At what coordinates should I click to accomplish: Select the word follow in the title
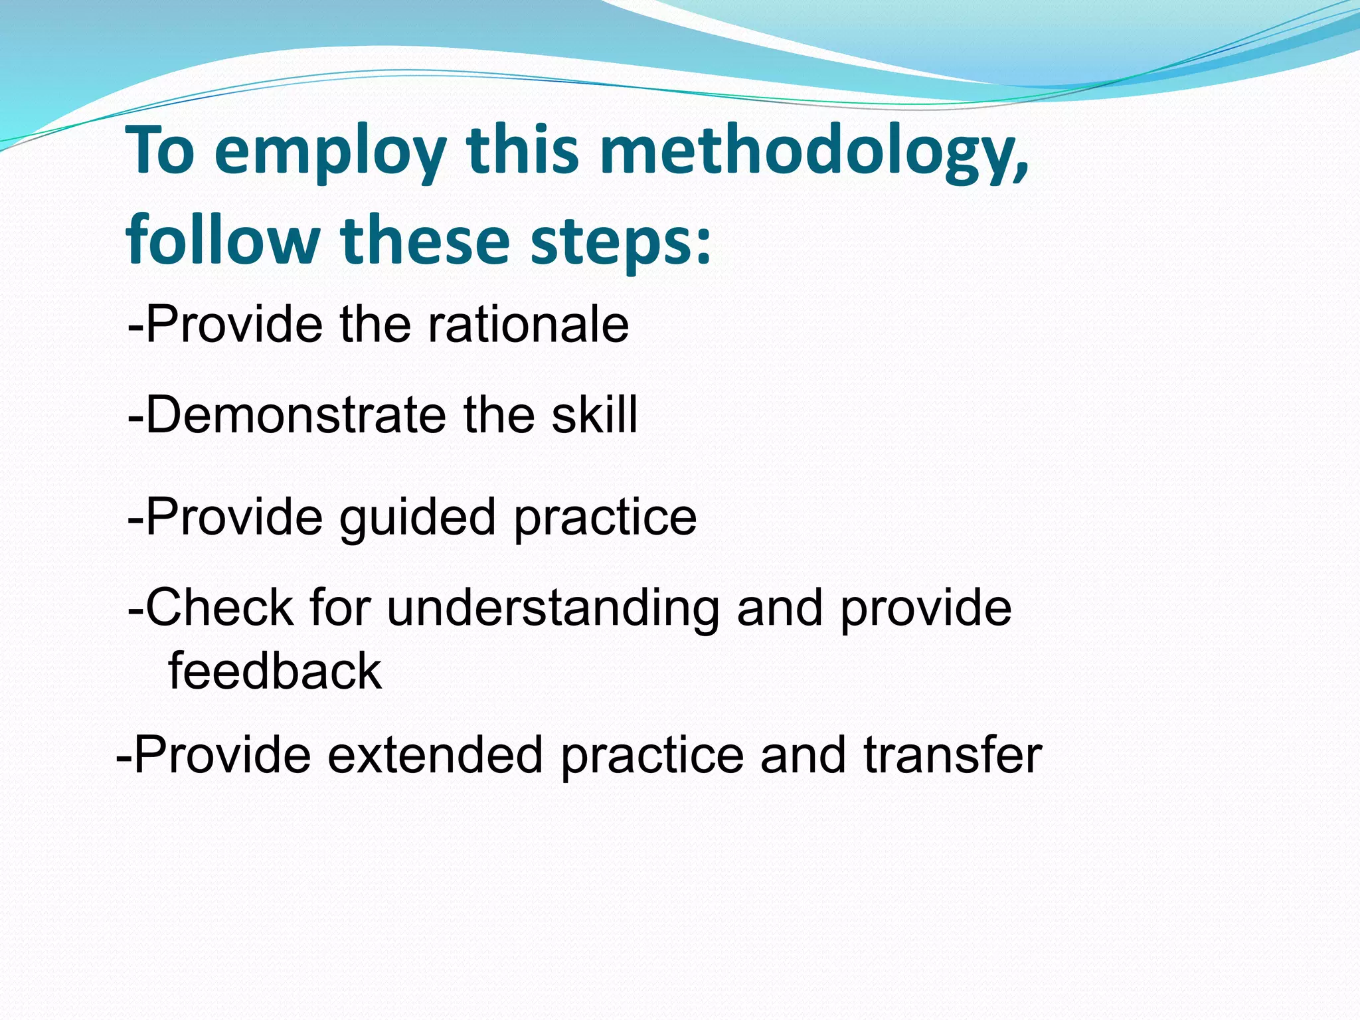tap(223, 240)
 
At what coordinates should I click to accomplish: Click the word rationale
tap(527, 325)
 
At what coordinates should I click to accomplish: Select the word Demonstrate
tap(296, 415)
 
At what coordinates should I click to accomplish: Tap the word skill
tap(594, 415)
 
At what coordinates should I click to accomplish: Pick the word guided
tap(418, 517)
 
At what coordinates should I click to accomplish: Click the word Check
tap(219, 608)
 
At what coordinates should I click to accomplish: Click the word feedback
tap(275, 671)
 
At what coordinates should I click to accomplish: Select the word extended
tap(435, 755)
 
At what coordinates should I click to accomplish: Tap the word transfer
tap(952, 755)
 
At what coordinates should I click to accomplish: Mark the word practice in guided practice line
tap(605, 517)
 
